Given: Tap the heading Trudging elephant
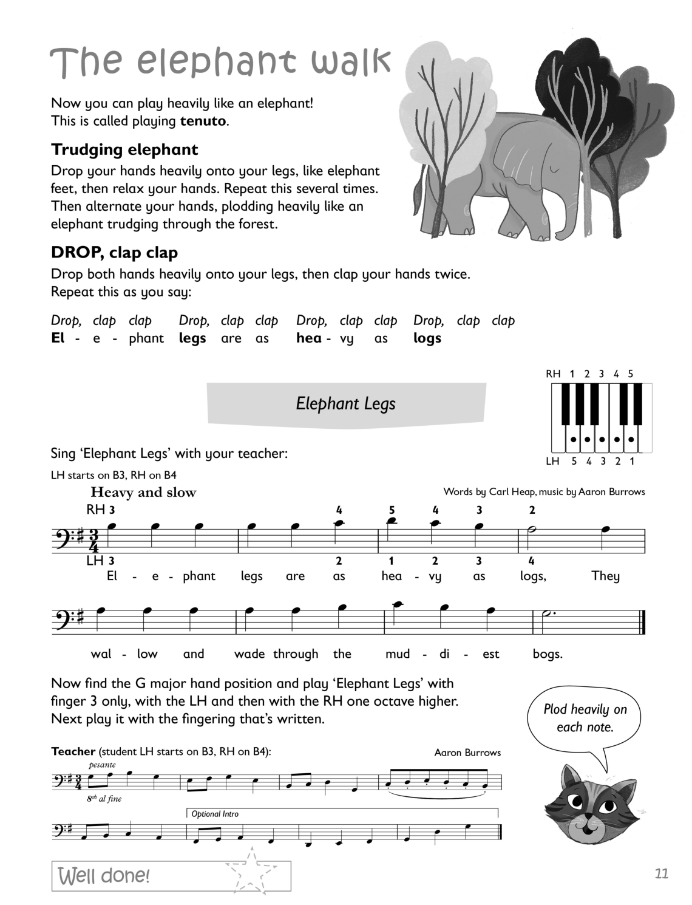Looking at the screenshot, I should coord(124,149).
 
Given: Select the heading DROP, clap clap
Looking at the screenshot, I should coord(114,253).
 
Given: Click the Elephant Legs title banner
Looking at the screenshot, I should coord(346,403).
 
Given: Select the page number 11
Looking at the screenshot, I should coord(662,873).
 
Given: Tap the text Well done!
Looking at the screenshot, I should coord(103,876).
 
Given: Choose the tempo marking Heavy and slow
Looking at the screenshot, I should coord(143,493).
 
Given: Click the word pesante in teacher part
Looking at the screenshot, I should coord(102,765).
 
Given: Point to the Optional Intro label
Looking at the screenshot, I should coord(215,814).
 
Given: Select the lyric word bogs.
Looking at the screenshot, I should coord(548,654).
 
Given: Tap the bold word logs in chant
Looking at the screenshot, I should coord(427,338).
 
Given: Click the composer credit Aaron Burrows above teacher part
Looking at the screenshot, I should coord(467,753).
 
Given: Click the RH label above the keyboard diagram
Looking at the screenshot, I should coord(553,374).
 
